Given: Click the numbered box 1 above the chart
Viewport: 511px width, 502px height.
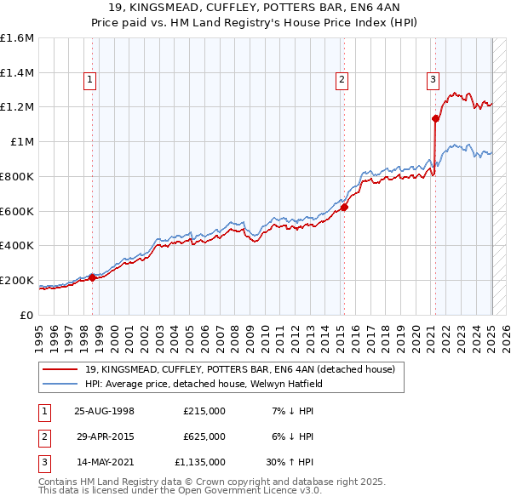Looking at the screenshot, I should point(89,81).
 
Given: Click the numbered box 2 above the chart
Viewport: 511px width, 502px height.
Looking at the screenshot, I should point(342,81).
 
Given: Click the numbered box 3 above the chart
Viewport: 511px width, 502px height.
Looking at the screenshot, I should point(433,81).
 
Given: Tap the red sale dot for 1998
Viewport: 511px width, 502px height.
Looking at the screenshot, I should point(93,277).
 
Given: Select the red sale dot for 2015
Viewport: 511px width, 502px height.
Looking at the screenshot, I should point(345,206).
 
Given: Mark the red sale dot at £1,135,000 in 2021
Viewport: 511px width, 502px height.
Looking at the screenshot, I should point(435,118).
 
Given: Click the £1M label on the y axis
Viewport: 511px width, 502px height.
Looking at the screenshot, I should point(21,142).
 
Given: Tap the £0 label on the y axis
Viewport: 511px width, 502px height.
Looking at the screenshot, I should point(27,315).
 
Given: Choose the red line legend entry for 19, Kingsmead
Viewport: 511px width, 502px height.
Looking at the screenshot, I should point(238,370).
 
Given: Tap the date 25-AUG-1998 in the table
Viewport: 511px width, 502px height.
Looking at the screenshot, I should point(105,411).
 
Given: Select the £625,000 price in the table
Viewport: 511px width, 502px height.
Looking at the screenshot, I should point(204,436).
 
